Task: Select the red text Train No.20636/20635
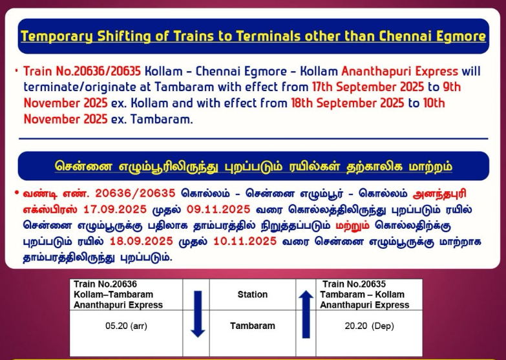(x=82, y=71)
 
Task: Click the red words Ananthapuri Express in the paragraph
(x=399, y=71)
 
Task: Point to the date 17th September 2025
(x=368, y=87)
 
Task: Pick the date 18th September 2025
(x=348, y=103)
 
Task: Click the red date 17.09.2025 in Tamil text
(x=115, y=209)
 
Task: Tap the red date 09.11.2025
(x=218, y=209)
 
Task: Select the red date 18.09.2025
(x=142, y=241)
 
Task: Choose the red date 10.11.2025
(x=245, y=241)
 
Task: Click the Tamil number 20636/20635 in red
(x=135, y=193)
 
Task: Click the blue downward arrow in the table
(x=198, y=314)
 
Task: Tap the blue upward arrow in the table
(x=306, y=314)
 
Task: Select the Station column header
(x=253, y=295)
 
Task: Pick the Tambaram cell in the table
(x=253, y=326)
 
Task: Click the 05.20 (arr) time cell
(x=126, y=326)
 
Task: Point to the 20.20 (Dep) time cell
(x=369, y=326)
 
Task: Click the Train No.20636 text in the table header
(x=105, y=284)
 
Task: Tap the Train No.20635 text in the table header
(x=354, y=284)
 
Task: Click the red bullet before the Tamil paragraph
(x=17, y=193)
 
